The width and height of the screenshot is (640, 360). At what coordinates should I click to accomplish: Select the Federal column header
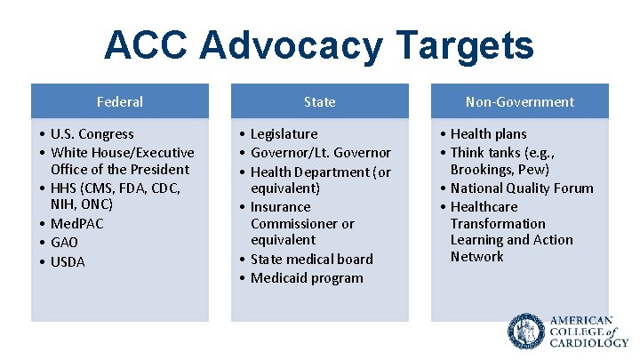(120, 101)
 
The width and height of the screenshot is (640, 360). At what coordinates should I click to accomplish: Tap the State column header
(319, 101)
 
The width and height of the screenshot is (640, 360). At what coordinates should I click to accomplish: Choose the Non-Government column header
(520, 101)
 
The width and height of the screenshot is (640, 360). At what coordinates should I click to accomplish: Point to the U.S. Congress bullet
(92, 134)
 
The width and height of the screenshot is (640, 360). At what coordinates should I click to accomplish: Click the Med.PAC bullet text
(76, 223)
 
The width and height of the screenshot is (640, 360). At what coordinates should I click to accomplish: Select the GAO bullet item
(64, 242)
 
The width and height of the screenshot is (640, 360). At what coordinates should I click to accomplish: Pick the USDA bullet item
(68, 261)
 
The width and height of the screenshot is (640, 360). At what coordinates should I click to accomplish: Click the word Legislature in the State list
(284, 134)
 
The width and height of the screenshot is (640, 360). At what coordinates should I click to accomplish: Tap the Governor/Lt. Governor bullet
(320, 153)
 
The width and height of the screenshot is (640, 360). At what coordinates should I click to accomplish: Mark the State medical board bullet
(311, 259)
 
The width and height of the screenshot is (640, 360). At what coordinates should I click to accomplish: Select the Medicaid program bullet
(307, 278)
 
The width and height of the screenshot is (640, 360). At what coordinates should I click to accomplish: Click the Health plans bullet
(488, 134)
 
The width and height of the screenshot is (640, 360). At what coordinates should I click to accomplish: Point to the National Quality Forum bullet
(521, 188)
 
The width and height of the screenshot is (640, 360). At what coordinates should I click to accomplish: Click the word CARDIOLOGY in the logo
(588, 342)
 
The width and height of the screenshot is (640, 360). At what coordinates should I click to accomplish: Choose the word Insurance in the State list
(280, 206)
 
